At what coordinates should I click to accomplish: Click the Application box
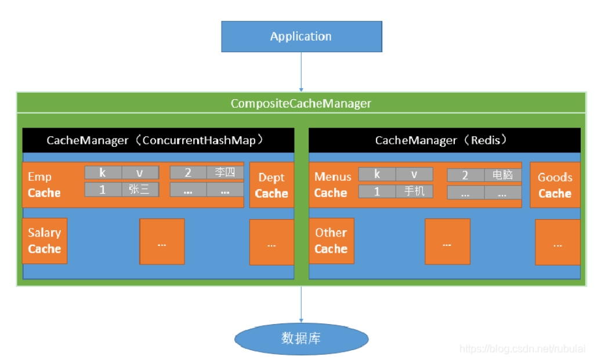(301, 37)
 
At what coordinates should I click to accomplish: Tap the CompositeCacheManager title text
(300, 104)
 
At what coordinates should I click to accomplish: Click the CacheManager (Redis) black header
(444, 140)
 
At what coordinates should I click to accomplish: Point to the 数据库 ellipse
(301, 339)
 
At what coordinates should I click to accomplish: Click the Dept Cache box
(271, 186)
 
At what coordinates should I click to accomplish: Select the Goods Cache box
(555, 186)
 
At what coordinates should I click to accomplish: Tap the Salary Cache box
(45, 241)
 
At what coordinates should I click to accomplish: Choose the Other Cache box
(331, 241)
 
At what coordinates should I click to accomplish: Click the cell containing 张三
(140, 190)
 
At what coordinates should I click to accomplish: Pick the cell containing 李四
(225, 173)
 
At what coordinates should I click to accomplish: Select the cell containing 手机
(414, 191)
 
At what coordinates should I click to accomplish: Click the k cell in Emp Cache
(103, 173)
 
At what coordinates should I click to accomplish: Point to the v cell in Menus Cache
(414, 174)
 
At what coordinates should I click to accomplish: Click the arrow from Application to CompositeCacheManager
(301, 72)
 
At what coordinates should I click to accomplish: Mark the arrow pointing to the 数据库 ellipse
(301, 304)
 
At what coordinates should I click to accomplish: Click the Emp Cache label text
(44, 185)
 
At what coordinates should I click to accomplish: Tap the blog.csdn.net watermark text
(522, 349)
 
